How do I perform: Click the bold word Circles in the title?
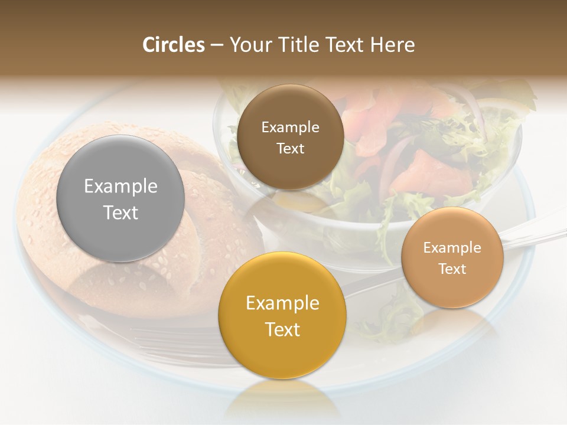click(173, 45)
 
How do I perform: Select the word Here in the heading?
click(392, 45)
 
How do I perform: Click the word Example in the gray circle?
click(120, 187)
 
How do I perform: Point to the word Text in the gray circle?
click(120, 212)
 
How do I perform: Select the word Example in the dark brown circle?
click(290, 127)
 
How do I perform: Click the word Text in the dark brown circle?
click(290, 149)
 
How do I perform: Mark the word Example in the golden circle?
click(282, 303)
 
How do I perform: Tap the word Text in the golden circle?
click(282, 329)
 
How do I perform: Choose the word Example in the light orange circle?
click(452, 248)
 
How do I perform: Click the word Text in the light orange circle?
click(452, 269)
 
